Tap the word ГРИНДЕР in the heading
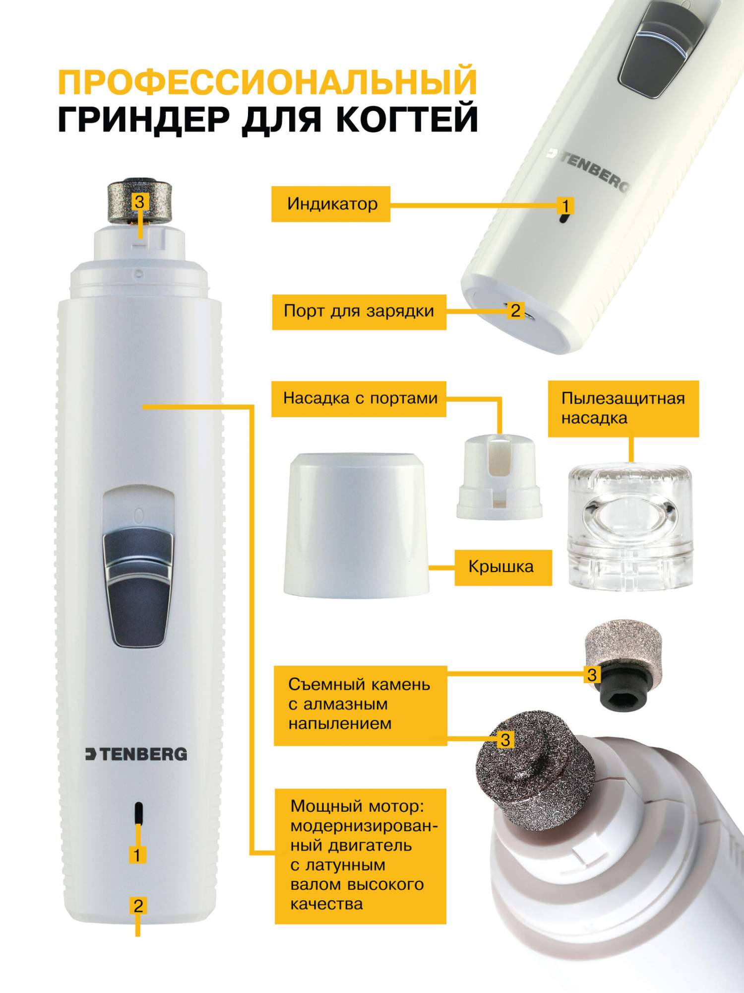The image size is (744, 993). tap(144, 120)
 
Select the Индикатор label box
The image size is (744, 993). tap(331, 204)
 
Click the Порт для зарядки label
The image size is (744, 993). tap(359, 312)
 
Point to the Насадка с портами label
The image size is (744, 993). tap(359, 399)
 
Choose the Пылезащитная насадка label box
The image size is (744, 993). tap(623, 409)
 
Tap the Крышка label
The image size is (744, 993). tap(503, 567)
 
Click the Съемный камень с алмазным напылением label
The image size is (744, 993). tap(361, 706)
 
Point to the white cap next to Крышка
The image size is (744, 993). tap(357, 524)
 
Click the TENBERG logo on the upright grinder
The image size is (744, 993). tap(136, 754)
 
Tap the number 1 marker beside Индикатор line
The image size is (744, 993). tap(565, 205)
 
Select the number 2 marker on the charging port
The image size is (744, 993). tap(516, 311)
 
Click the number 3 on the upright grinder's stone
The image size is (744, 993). tap(140, 202)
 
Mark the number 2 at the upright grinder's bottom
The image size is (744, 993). tap(138, 906)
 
